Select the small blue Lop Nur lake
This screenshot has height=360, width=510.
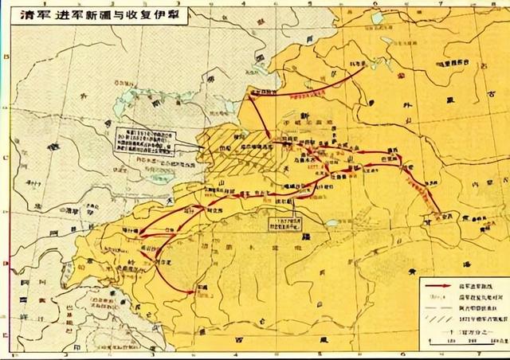click(331, 225)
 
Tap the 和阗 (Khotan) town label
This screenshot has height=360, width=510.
click(199, 284)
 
